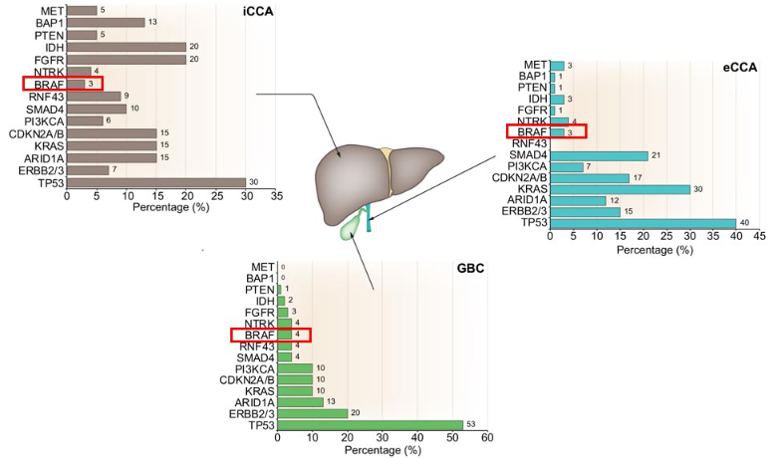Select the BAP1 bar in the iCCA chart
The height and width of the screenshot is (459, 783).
tap(106, 22)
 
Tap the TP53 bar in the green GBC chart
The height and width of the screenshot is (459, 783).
tap(370, 424)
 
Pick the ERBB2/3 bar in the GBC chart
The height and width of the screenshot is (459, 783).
tap(312, 412)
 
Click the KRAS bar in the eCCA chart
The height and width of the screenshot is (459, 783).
tap(619, 189)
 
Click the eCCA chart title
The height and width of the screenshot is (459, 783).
tap(740, 67)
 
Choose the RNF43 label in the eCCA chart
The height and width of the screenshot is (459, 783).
tap(527, 143)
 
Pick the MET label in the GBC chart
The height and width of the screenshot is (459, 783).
tap(262, 267)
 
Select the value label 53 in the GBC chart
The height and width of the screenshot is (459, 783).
tap(470, 424)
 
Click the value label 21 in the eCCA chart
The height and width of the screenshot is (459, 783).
tap(654, 155)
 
